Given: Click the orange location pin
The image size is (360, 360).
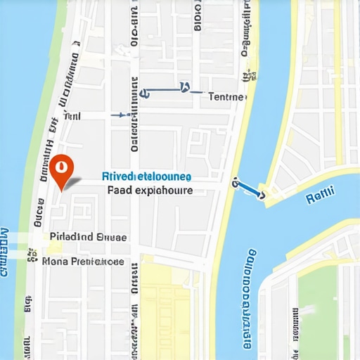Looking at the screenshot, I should (x=62, y=170).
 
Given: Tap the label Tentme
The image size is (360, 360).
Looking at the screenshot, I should (x=228, y=97).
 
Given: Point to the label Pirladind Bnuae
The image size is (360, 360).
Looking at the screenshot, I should (x=89, y=238).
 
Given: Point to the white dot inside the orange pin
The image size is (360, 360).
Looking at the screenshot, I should (x=62, y=167).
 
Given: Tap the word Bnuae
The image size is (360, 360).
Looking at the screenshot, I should (x=112, y=238).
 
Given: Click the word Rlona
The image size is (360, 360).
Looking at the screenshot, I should (x=56, y=262).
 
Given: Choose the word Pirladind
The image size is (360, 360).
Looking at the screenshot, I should (x=72, y=238).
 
